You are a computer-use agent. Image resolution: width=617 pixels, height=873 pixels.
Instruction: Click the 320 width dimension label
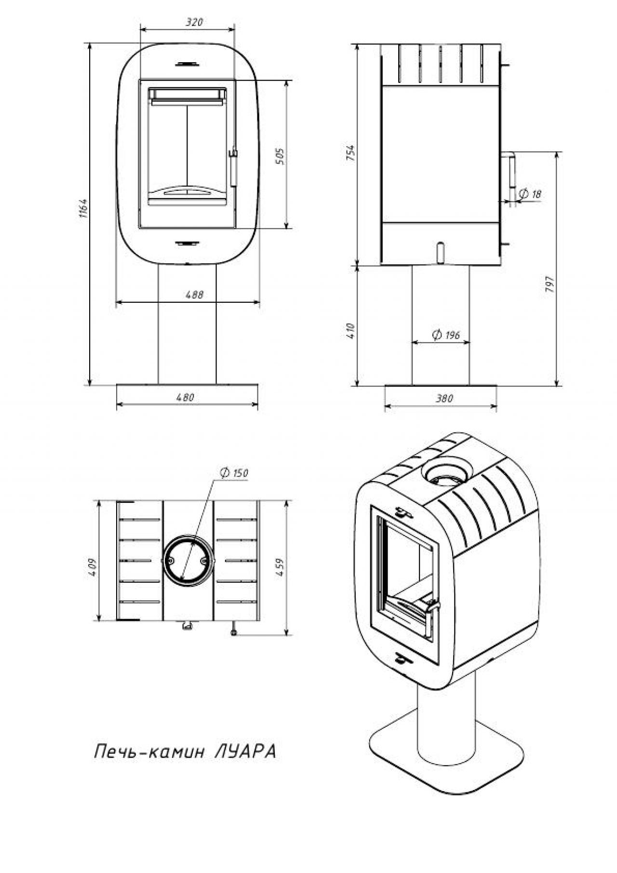click(x=194, y=22)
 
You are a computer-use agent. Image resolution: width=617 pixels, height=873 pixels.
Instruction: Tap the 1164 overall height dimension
click(x=83, y=209)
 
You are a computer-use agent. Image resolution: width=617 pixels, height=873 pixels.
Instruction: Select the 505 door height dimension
click(x=280, y=156)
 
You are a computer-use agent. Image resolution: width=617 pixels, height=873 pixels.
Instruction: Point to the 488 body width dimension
click(x=194, y=295)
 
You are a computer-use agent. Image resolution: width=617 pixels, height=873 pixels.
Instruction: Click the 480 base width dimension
click(x=185, y=397)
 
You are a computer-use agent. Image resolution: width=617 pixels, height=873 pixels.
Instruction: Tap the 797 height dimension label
click(x=550, y=284)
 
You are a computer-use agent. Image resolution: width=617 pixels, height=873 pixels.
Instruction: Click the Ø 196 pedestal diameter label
click(x=446, y=335)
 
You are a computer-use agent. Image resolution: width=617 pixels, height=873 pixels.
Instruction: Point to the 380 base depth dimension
click(x=444, y=399)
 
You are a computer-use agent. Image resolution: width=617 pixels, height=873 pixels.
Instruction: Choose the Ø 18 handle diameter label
click(x=530, y=194)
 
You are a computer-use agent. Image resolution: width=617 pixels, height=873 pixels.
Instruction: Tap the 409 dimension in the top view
click(x=93, y=567)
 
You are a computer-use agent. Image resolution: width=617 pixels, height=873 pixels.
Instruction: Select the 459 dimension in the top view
click(x=281, y=567)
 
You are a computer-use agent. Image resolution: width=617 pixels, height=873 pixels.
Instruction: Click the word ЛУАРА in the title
click(x=245, y=752)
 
